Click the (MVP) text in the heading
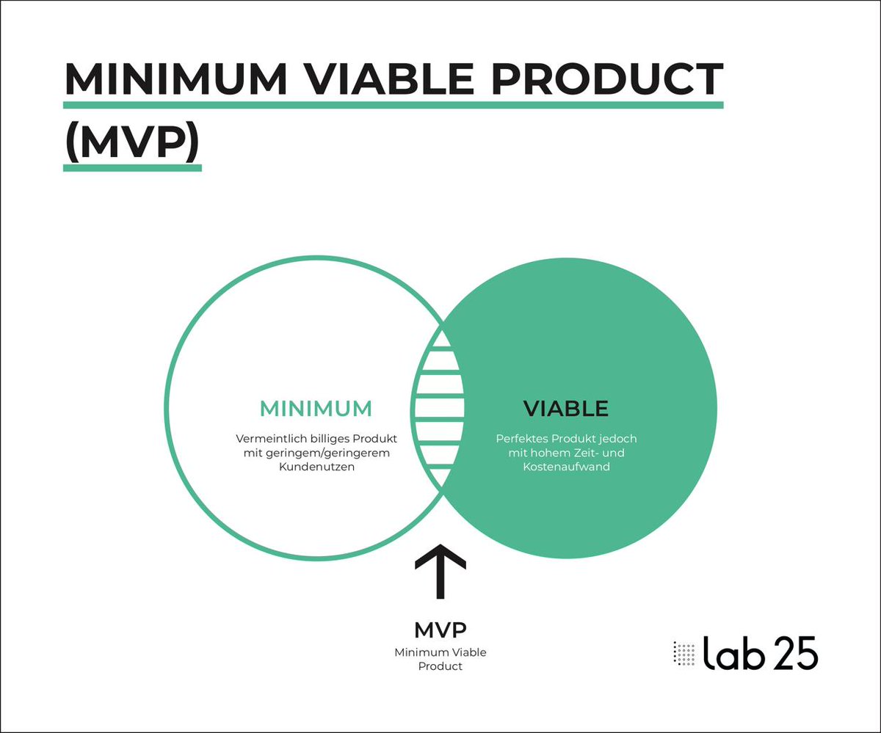tap(132, 142)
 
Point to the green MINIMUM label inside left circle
tap(316, 409)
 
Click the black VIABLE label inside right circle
tap(565, 409)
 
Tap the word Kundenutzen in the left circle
tap(316, 467)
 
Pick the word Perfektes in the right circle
tap(520, 439)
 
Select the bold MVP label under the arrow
tap(440, 630)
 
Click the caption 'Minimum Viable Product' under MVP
tap(440, 659)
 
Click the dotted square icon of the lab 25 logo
tap(684, 652)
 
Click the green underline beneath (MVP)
tap(132, 167)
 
